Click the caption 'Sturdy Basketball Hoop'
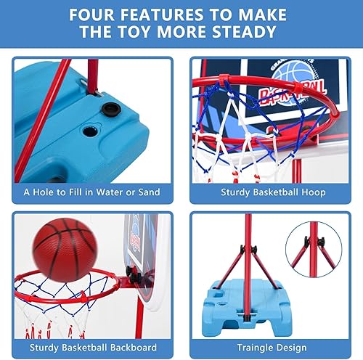272,192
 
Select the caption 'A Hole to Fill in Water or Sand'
91,192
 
